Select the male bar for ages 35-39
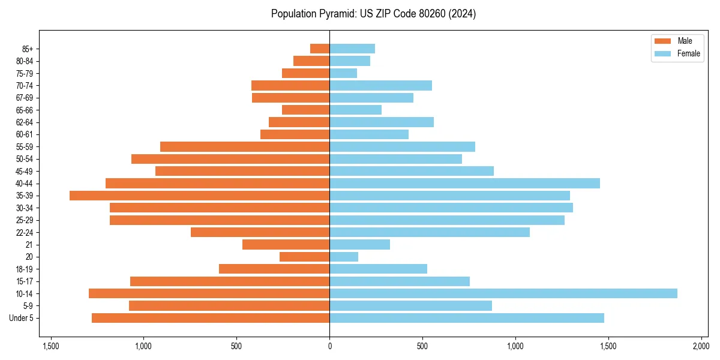click(199, 196)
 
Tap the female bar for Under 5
click(466, 318)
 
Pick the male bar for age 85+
click(320, 49)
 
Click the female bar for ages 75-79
click(343, 73)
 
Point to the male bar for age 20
click(304, 257)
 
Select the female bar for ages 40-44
click(464, 183)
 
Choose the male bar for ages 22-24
click(260, 232)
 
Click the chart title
click(373, 14)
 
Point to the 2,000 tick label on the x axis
click(701, 346)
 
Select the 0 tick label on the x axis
click(329, 346)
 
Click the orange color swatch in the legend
click(662, 41)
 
